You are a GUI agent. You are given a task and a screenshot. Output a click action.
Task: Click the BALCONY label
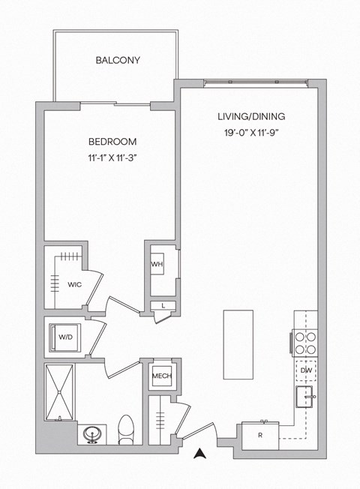pos(118,60)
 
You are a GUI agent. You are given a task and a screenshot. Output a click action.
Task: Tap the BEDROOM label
pos(112,141)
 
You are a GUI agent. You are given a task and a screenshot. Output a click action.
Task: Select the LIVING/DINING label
pos(251,117)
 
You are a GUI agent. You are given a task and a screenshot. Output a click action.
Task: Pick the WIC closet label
pos(74,285)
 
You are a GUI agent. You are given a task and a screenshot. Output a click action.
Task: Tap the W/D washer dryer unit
pos(65,337)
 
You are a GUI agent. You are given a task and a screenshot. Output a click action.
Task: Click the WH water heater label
pos(157,265)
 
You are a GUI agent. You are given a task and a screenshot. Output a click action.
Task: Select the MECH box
pos(161,376)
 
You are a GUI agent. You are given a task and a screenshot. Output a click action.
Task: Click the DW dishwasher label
pos(306,370)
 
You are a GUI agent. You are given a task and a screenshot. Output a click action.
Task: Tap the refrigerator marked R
pos(259,435)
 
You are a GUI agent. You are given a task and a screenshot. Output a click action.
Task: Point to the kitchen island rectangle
pos(235,344)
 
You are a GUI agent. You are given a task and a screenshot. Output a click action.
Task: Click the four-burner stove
pos(305,342)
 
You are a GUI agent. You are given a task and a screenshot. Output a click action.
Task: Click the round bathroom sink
pos(94,434)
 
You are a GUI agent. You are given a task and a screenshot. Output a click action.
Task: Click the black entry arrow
pos(200,453)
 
